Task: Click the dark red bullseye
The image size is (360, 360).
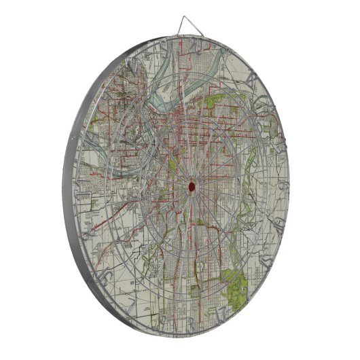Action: tap(192, 185)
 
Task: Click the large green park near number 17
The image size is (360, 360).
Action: tap(237, 285)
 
